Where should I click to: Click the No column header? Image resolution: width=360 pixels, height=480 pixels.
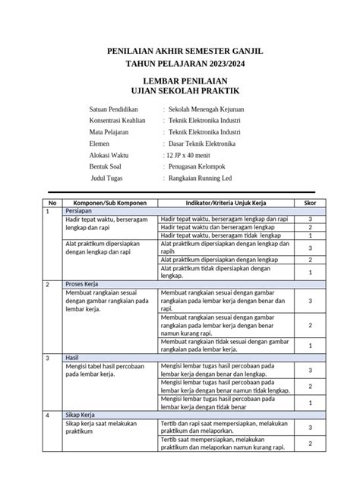52,203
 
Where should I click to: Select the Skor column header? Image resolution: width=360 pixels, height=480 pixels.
310,203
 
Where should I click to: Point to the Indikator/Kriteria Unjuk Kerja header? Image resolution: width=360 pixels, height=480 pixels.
226,203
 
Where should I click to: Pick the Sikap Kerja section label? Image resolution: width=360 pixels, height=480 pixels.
81,415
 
